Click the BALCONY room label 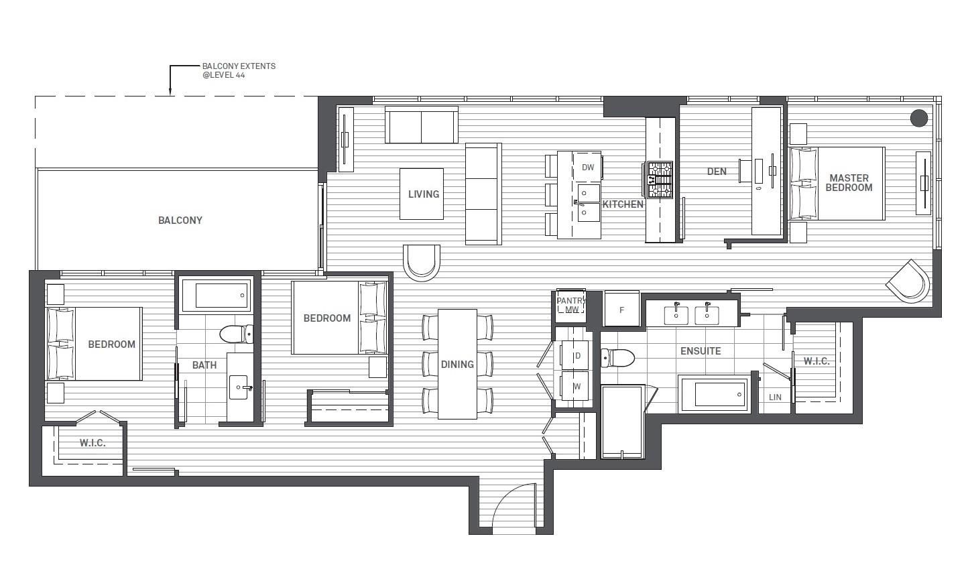click(x=180, y=220)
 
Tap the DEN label click(x=717, y=172)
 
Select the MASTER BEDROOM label click(x=849, y=183)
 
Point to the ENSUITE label click(x=701, y=351)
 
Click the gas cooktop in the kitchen click(x=660, y=180)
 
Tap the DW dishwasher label click(x=588, y=168)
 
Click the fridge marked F click(x=622, y=309)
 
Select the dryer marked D click(x=575, y=355)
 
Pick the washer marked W click(x=575, y=386)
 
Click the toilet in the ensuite click(x=617, y=358)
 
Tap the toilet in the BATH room click(x=237, y=334)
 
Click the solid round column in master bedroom click(x=919, y=118)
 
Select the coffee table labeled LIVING click(x=422, y=194)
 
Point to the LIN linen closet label click(x=775, y=397)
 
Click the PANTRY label click(x=571, y=300)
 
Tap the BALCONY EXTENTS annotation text click(x=239, y=70)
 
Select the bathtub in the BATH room click(x=217, y=296)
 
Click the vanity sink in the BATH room click(x=239, y=387)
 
